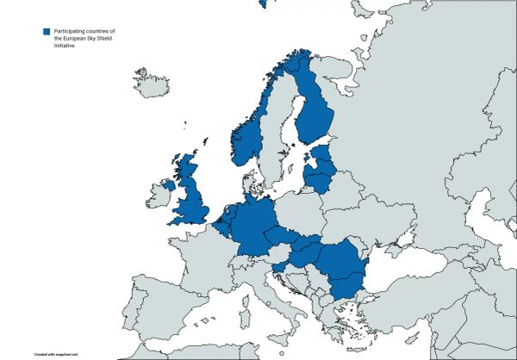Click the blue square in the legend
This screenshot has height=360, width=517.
coord(47,32)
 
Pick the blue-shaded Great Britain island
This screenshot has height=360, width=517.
coord(191,198)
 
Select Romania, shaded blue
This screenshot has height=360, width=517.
coord(339,258)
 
